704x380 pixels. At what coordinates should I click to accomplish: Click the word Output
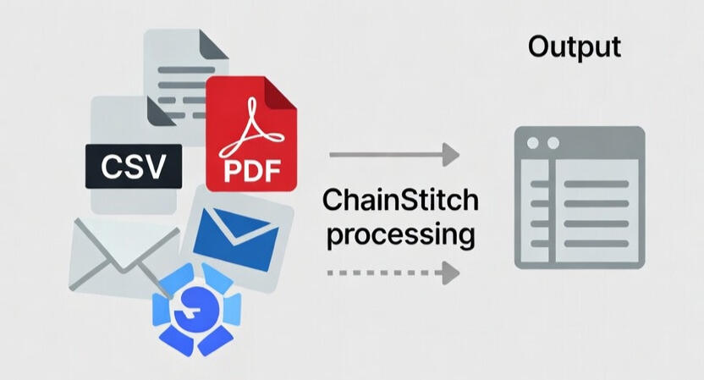pos(575,47)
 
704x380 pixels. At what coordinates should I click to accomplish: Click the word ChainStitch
pos(400,201)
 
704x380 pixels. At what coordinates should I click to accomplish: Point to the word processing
pos(400,233)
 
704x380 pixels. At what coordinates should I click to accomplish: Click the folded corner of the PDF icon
pos(283,91)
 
